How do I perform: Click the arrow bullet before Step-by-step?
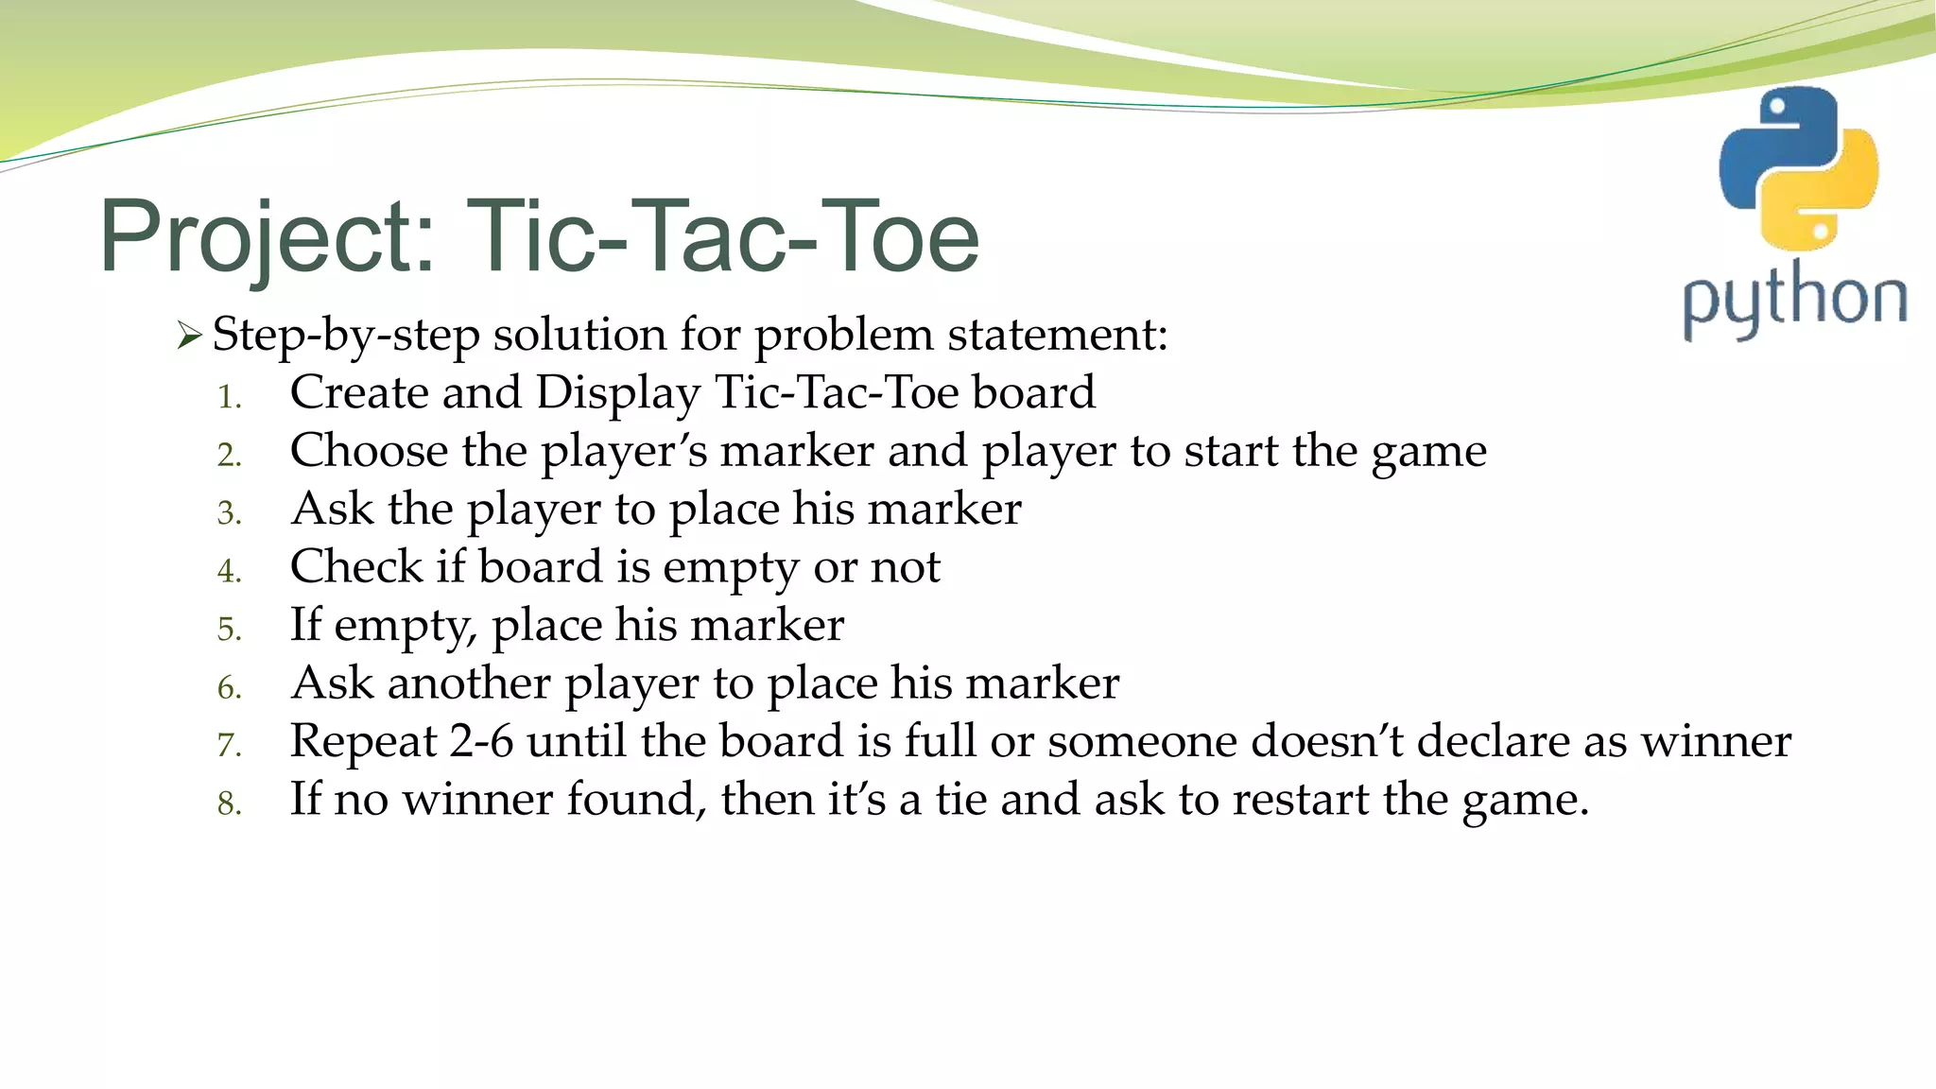click(189, 336)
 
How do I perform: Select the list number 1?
click(229, 397)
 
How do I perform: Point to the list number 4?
click(229, 571)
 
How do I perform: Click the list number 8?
click(229, 804)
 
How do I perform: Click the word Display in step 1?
click(618, 392)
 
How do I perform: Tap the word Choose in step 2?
click(369, 451)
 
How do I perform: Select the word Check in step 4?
click(356, 567)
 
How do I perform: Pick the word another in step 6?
click(469, 683)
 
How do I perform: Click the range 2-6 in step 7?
click(481, 741)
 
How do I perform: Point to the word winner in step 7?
click(1716, 741)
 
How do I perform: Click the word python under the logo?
click(1794, 301)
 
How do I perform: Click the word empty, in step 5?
click(406, 626)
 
